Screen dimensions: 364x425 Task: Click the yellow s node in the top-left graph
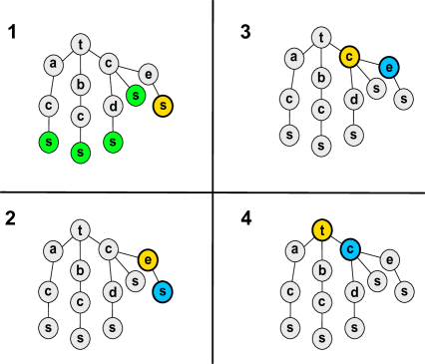click(164, 106)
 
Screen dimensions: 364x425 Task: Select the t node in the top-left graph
click(81, 44)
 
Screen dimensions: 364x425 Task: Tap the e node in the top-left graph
click(148, 74)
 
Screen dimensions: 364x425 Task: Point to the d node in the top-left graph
click(113, 106)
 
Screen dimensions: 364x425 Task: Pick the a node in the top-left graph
click(53, 65)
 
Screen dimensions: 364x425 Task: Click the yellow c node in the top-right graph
click(349, 57)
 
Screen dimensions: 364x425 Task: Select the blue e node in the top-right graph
click(388, 67)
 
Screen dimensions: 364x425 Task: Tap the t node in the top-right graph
click(321, 38)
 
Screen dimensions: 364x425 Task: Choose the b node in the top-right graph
click(321, 78)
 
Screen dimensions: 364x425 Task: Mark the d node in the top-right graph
click(353, 99)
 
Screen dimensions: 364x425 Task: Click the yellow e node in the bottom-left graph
click(148, 260)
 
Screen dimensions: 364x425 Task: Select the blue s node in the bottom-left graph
click(163, 292)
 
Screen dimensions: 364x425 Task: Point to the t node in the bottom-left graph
click(81, 230)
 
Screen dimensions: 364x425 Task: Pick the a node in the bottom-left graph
click(53, 250)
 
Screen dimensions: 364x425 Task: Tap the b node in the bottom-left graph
click(81, 270)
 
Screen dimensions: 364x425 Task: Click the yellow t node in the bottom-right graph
click(321, 230)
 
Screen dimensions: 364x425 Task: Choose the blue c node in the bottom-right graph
click(349, 249)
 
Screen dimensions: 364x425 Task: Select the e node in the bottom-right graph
click(389, 259)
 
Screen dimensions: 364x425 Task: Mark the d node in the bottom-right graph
click(353, 292)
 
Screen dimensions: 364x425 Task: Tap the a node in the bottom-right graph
click(293, 250)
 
